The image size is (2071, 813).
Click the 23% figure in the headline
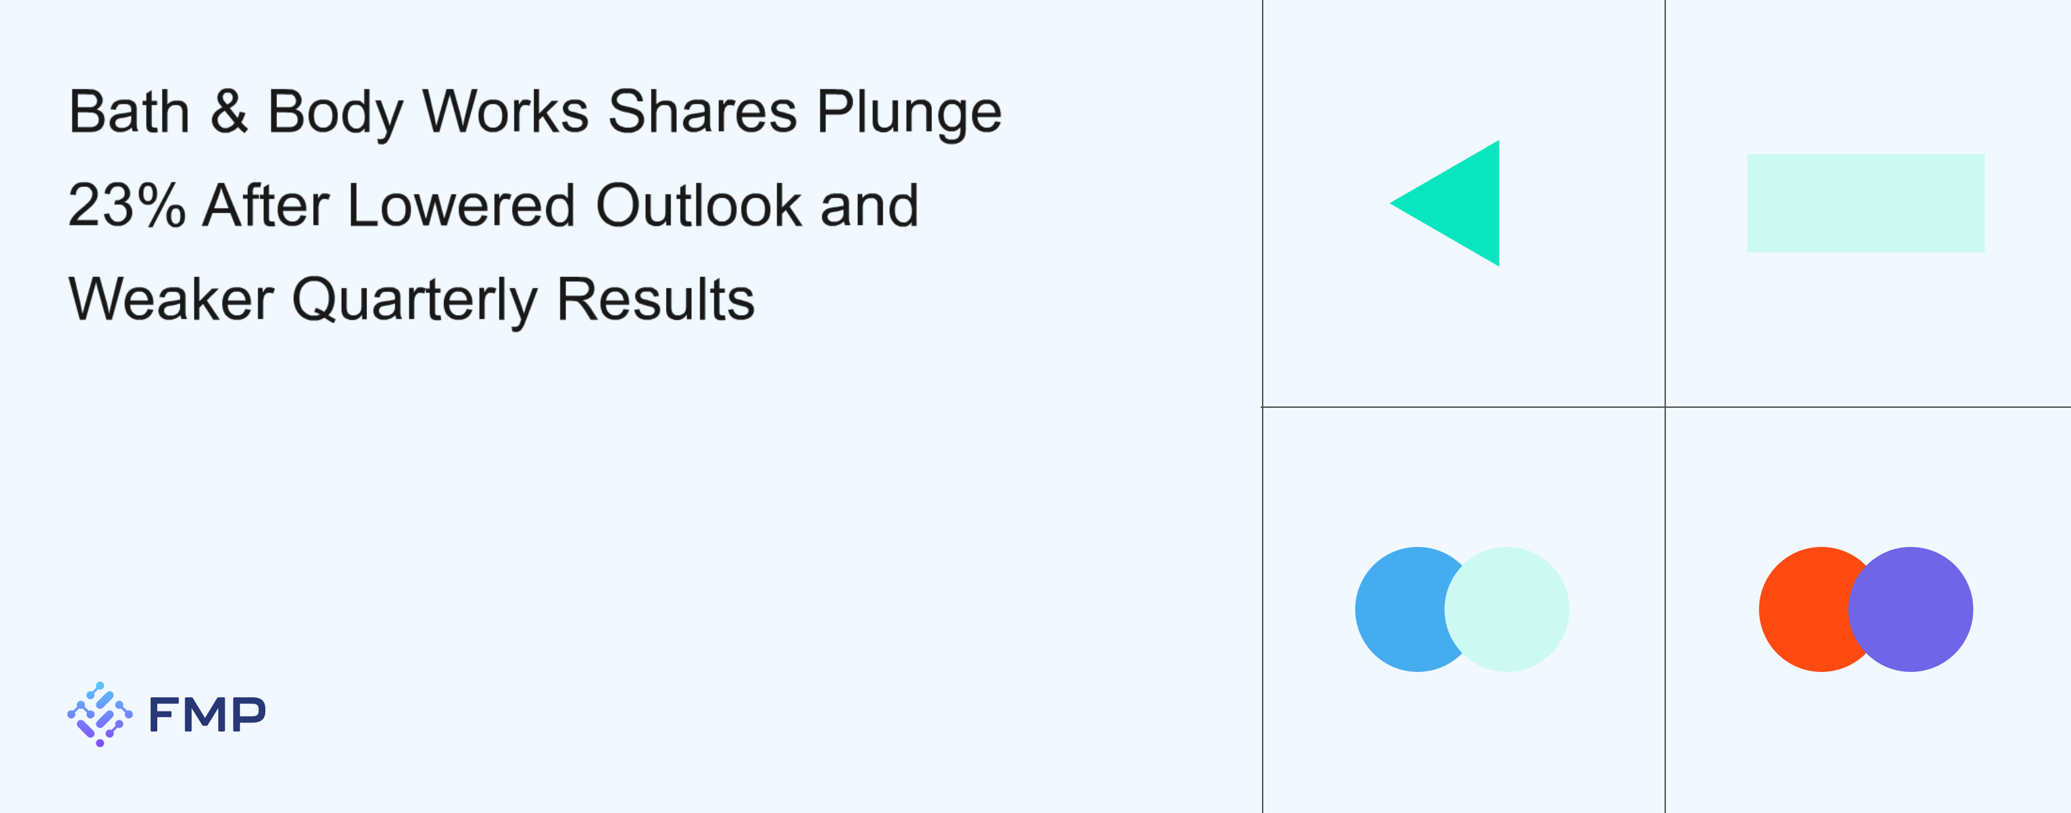[127, 205]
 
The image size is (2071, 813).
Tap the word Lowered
[461, 205]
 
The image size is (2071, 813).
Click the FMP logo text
[207, 715]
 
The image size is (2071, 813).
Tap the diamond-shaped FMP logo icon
[100, 715]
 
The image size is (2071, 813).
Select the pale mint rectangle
[1866, 203]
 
